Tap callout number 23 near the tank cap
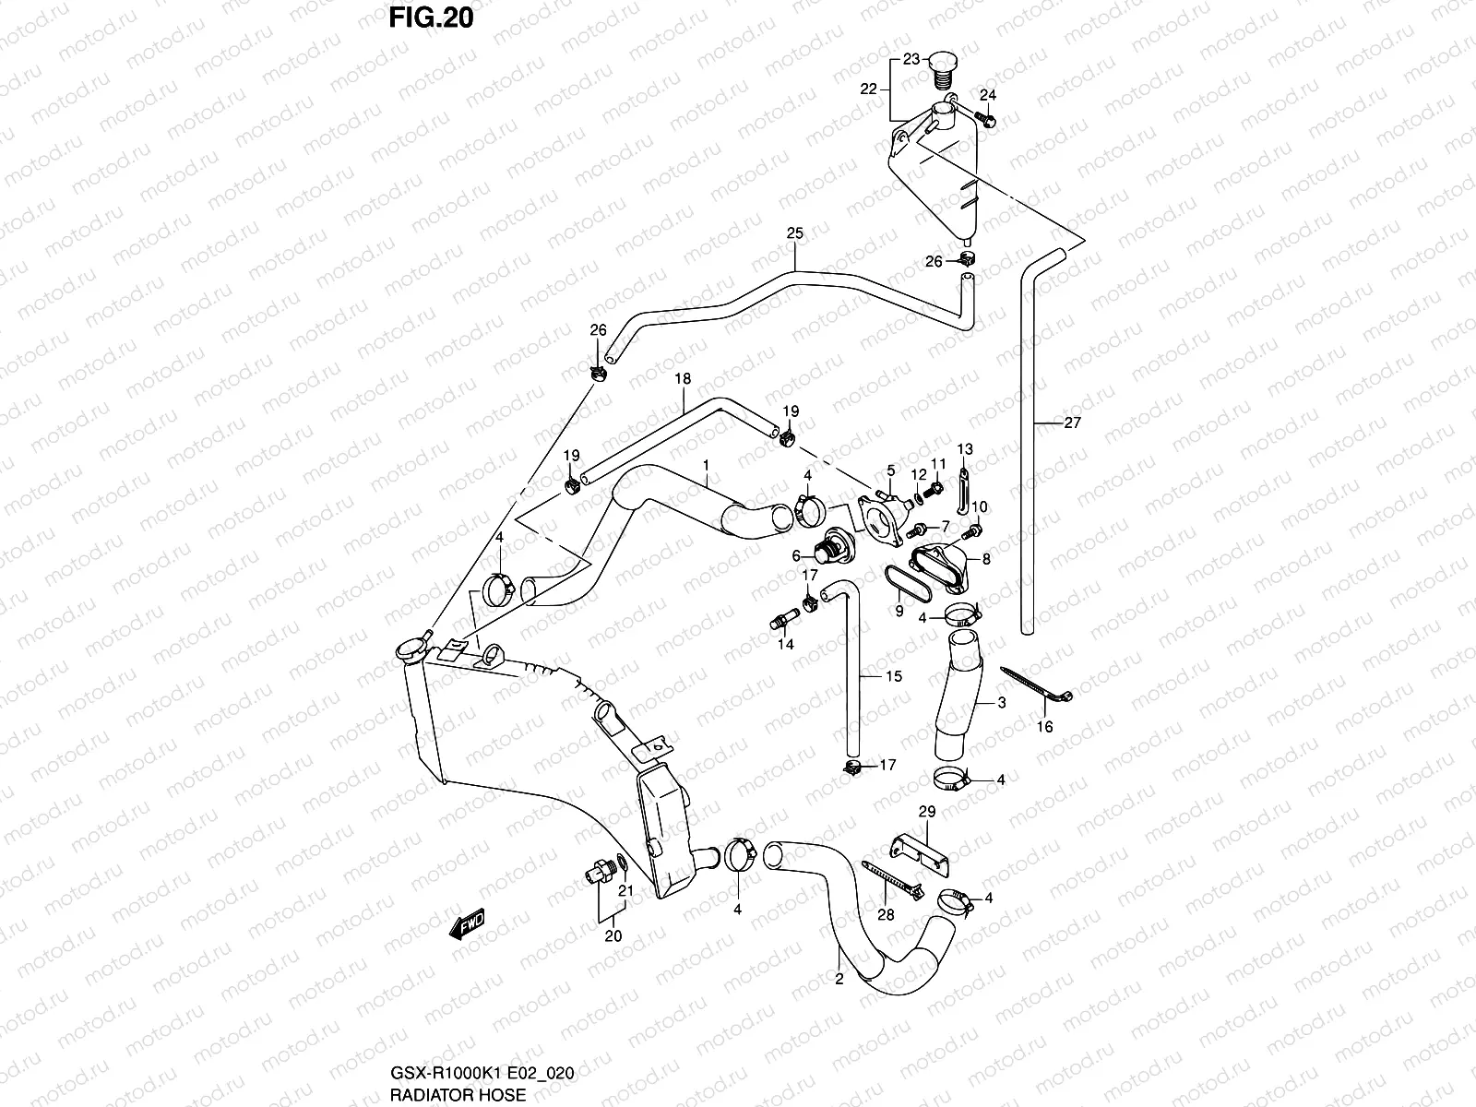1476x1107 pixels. (x=911, y=60)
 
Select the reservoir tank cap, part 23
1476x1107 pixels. (x=944, y=63)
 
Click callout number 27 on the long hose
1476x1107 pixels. (x=1072, y=423)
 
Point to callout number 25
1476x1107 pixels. (x=795, y=234)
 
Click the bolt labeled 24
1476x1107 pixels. (x=982, y=119)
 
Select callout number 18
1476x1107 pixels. (x=684, y=379)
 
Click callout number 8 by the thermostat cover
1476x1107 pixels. (x=986, y=558)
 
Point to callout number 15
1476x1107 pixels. (x=893, y=677)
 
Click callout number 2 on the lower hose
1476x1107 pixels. (x=839, y=980)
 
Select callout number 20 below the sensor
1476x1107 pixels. (x=613, y=935)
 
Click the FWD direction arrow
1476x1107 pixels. (x=467, y=925)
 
